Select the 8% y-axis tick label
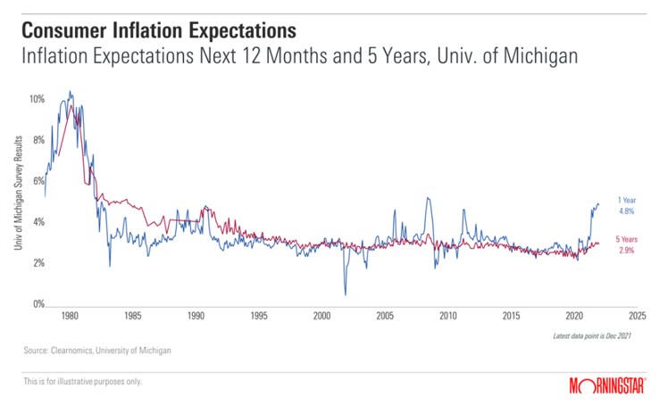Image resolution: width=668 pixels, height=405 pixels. (x=37, y=140)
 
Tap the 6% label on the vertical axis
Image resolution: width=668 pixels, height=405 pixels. (x=37, y=181)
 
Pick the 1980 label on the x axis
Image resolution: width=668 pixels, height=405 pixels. (x=71, y=316)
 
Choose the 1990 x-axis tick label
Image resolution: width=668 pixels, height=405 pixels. (x=196, y=316)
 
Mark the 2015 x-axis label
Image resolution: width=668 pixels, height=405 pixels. (x=511, y=316)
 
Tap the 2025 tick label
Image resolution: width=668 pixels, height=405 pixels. (x=637, y=316)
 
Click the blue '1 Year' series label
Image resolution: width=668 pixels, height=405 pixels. (x=625, y=200)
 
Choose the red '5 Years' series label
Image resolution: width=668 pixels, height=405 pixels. (x=625, y=241)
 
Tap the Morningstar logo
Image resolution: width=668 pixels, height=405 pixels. (x=607, y=384)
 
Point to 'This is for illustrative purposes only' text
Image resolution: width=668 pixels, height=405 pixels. (x=82, y=382)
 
